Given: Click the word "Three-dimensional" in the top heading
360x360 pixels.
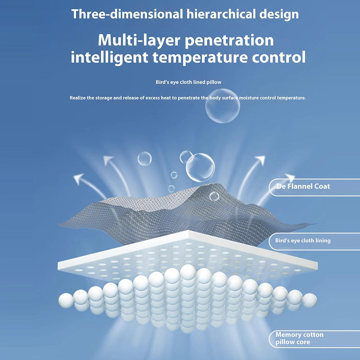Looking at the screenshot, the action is (x=127, y=14).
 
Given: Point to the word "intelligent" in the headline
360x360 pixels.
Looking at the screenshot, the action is (x=109, y=57).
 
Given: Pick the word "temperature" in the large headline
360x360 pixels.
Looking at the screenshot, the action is (x=200, y=58).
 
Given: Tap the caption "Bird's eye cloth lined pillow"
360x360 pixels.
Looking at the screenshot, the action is (x=189, y=82).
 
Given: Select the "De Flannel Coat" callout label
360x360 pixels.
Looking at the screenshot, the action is (x=303, y=186).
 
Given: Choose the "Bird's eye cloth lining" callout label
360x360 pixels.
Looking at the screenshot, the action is (x=303, y=240).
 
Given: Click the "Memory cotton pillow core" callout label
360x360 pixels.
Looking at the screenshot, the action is (x=300, y=338).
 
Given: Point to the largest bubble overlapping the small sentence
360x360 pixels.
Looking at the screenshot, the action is (x=222, y=106).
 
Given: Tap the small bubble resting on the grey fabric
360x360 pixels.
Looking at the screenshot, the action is (x=214, y=196).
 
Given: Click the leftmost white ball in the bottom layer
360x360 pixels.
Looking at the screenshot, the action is (x=66, y=300).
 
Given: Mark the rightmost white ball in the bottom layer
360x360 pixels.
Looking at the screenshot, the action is (x=309, y=300).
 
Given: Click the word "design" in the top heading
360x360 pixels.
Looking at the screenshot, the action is (x=279, y=15).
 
